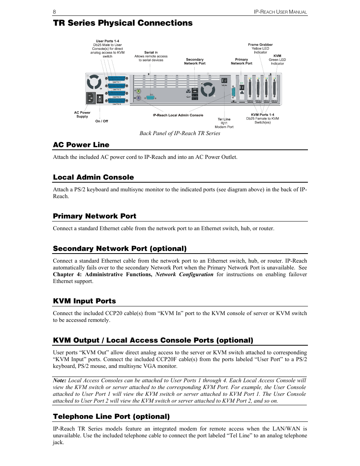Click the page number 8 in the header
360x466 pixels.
(x=54, y=12)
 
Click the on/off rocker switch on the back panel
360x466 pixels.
(x=100, y=98)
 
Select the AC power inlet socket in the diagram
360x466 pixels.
(x=91, y=98)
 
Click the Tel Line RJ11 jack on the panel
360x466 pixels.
(x=224, y=81)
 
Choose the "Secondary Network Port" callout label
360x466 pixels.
(x=195, y=62)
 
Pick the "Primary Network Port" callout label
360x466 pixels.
(x=242, y=62)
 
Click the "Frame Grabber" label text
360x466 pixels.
(x=260, y=45)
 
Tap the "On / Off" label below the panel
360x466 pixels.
(x=102, y=121)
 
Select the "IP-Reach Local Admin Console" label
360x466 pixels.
(x=178, y=115)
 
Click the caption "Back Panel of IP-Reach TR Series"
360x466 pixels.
(x=180, y=133)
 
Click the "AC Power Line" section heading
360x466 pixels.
(x=81, y=145)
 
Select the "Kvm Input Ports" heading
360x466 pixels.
(x=85, y=301)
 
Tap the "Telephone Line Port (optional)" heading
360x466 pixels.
(x=111, y=417)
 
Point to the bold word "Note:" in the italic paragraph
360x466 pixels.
(x=60, y=380)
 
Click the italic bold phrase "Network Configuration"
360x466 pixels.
(x=184, y=274)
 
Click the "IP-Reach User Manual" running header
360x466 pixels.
(x=280, y=12)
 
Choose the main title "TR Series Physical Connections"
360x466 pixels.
(x=123, y=23)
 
